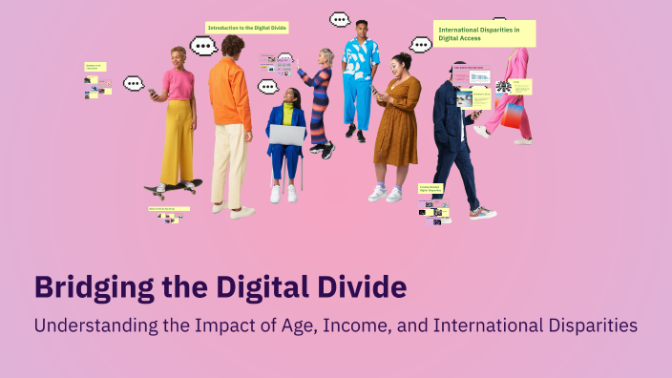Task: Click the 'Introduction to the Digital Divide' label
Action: (247, 28)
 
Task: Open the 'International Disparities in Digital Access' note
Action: (484, 33)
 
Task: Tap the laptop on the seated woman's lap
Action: (286, 135)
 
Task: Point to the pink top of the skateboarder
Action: (178, 83)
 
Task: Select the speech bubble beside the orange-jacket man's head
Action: (203, 46)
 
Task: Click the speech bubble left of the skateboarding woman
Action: (133, 83)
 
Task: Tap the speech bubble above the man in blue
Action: (340, 18)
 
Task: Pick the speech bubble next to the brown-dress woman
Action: (420, 44)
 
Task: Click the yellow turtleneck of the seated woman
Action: (287, 114)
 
